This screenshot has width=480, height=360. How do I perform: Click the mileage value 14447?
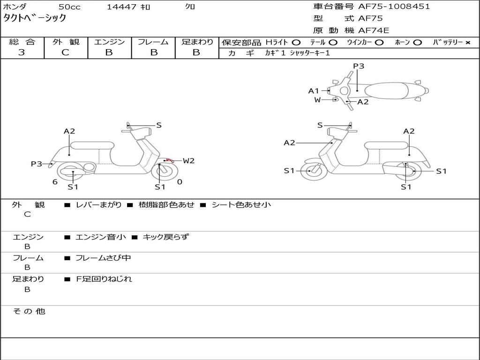[121, 7]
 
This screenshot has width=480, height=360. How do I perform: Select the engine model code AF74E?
[374, 31]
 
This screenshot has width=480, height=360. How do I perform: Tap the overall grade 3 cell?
[22, 52]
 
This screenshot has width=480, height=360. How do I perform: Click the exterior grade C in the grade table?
[65, 52]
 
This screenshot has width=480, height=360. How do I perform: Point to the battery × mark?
[467, 43]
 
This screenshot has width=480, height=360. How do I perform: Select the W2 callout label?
[188, 161]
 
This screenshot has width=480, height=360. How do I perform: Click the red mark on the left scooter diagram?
[168, 160]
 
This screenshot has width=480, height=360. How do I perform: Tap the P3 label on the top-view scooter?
[359, 66]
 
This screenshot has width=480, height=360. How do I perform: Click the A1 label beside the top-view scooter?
[313, 91]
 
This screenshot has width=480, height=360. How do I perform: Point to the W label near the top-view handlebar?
[317, 100]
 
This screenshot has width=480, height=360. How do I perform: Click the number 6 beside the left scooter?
[55, 182]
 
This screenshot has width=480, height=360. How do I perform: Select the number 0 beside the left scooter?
[180, 182]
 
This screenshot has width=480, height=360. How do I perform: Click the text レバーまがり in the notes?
[98, 205]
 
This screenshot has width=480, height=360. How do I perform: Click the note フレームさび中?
[103, 258]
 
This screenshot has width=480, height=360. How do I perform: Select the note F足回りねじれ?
[104, 279]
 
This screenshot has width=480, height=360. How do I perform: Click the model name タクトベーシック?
[35, 18]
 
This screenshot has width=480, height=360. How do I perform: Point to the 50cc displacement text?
[69, 7]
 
